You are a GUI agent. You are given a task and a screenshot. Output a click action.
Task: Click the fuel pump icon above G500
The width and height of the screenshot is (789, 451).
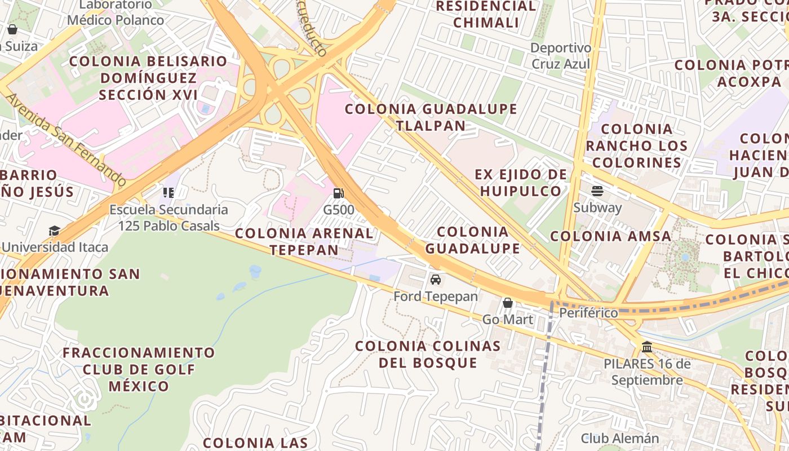click(338, 193)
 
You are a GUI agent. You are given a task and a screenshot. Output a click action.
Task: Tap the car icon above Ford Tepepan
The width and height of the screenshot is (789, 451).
click(436, 279)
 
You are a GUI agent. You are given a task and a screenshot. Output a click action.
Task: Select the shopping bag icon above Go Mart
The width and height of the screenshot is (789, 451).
click(508, 303)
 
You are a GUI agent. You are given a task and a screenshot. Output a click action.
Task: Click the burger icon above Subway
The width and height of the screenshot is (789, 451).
click(597, 191)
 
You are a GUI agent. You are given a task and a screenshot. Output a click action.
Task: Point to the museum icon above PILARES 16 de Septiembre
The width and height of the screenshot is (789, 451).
click(647, 347)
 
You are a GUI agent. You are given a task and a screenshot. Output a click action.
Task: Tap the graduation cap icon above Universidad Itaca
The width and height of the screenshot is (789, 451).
click(54, 231)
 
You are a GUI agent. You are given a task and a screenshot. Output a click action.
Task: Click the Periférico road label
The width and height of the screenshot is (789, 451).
click(588, 312)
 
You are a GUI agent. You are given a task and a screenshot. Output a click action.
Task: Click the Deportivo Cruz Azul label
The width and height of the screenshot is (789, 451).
click(561, 56)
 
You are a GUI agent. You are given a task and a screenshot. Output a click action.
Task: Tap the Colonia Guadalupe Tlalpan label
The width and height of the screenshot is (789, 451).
click(431, 117)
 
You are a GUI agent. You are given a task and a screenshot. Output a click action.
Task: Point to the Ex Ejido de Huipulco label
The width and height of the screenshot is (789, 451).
click(521, 183)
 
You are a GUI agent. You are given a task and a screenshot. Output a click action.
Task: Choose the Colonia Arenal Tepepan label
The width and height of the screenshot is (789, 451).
click(304, 241)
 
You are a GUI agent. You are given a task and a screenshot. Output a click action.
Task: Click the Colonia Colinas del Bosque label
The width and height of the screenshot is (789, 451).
click(428, 354)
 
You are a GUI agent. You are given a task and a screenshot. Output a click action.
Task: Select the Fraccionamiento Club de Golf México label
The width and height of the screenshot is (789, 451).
click(139, 370)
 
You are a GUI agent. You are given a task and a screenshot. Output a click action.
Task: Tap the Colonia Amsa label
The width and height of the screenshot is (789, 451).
click(610, 236)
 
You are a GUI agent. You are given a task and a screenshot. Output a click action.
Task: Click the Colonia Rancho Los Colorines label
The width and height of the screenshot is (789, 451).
click(637, 146)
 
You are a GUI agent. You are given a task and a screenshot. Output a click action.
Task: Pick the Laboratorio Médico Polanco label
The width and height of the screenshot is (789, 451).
click(116, 13)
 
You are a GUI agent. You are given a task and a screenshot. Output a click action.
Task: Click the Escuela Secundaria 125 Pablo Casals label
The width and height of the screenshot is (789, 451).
click(169, 218)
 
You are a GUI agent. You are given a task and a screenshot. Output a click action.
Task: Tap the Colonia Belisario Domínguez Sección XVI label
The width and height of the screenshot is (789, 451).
click(148, 78)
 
